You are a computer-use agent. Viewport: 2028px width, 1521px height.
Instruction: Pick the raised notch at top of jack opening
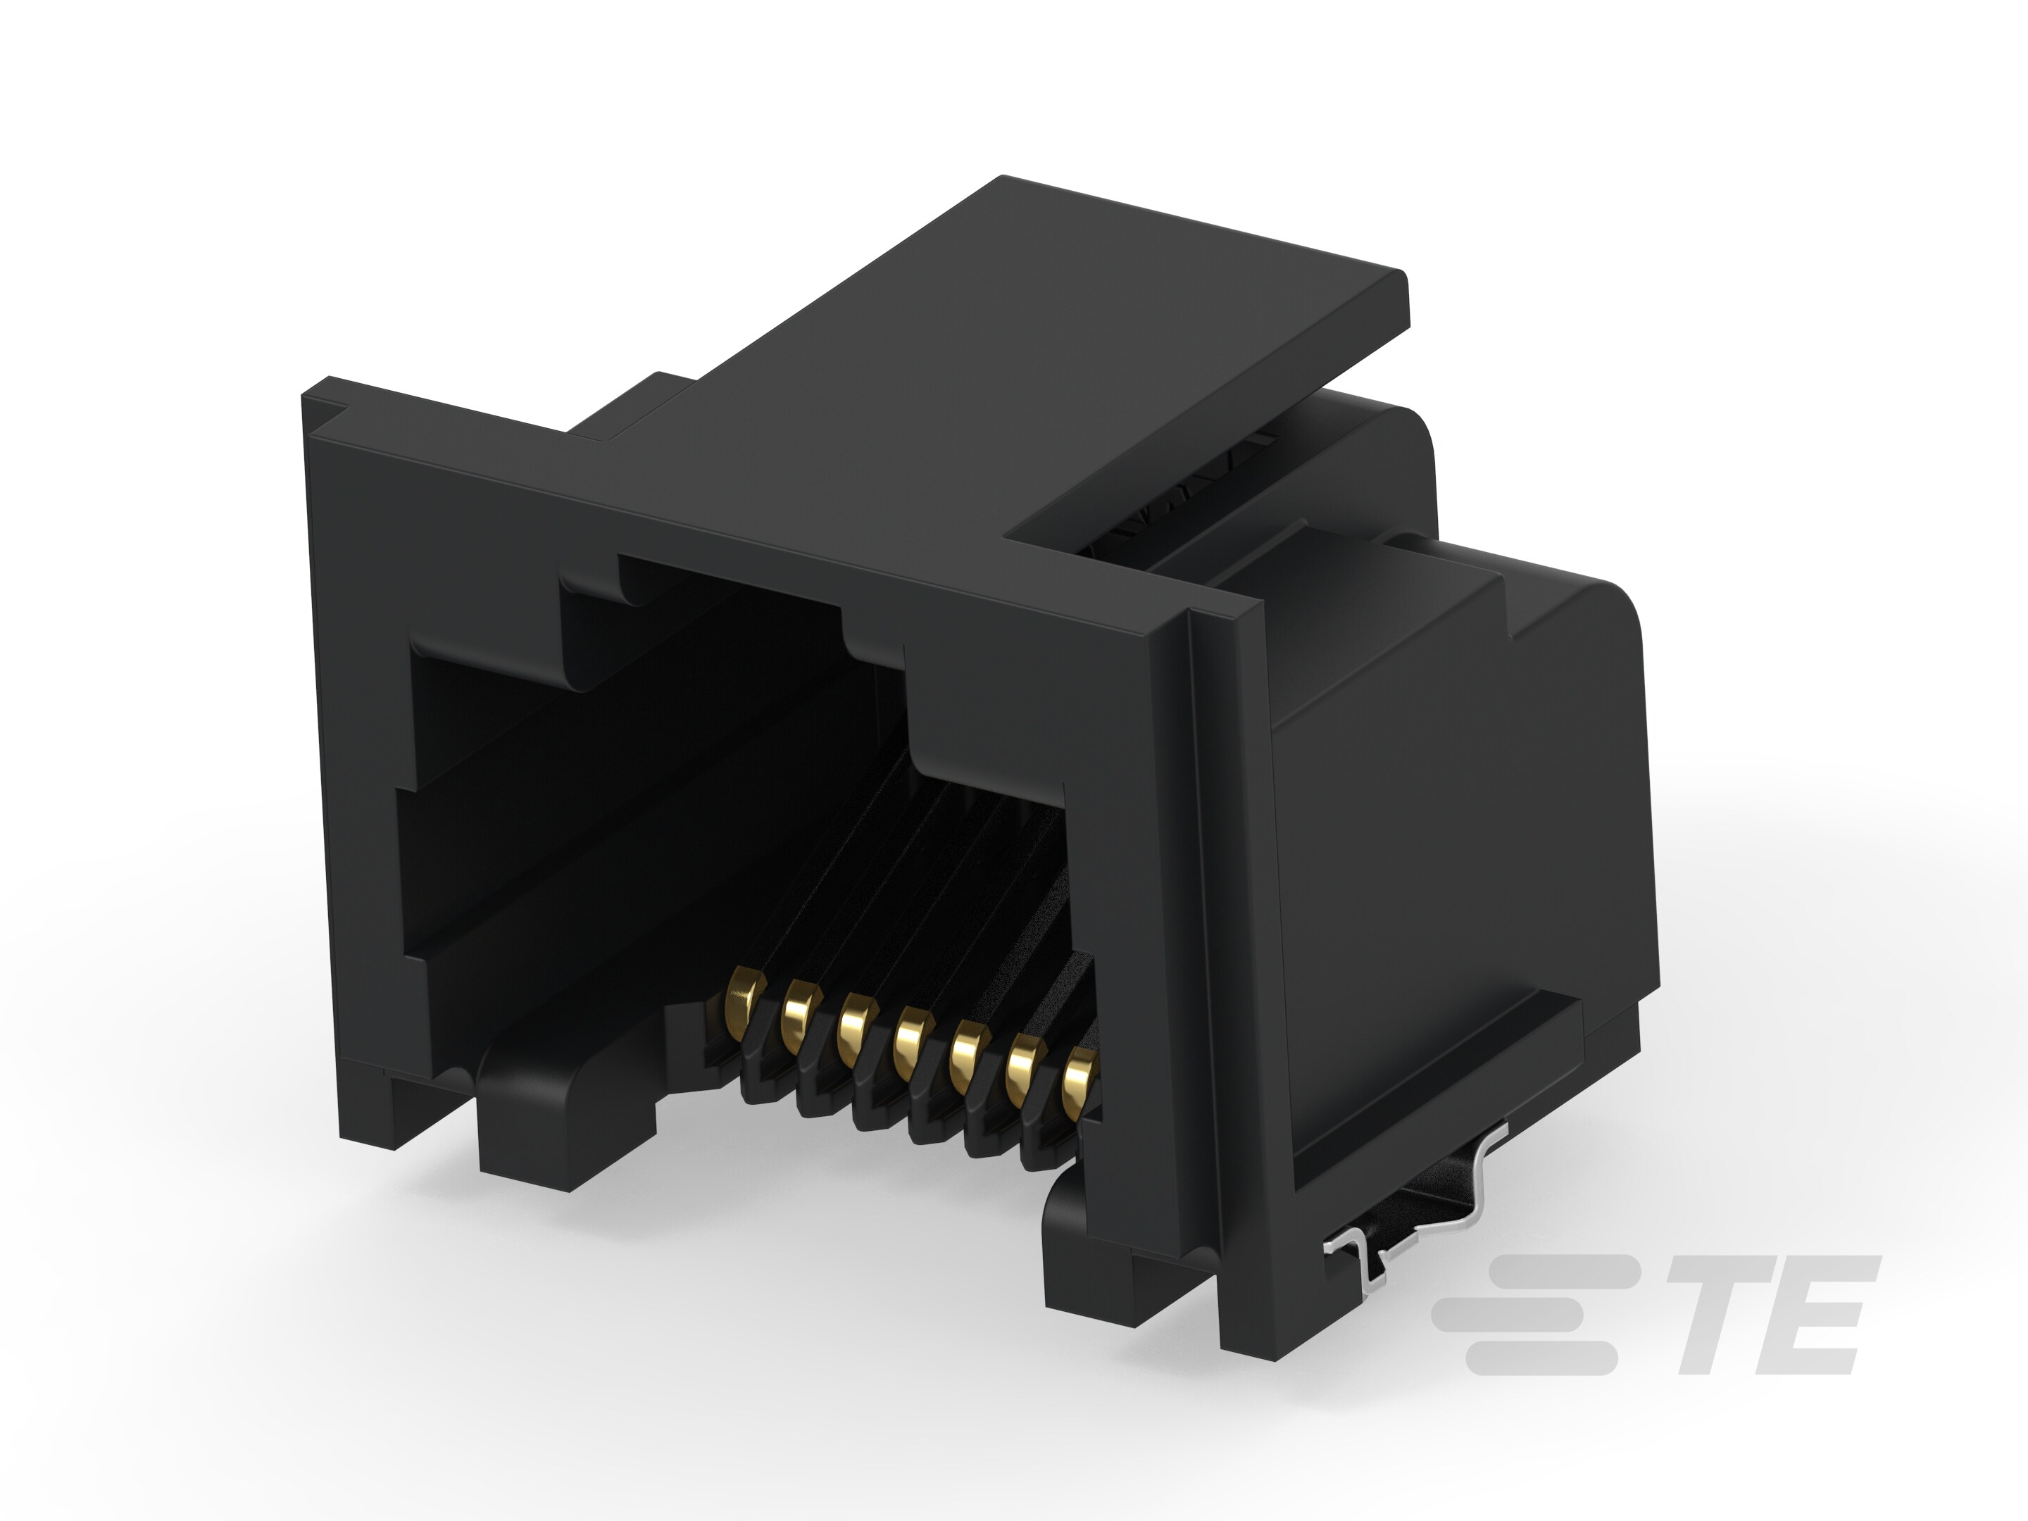(734, 587)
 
